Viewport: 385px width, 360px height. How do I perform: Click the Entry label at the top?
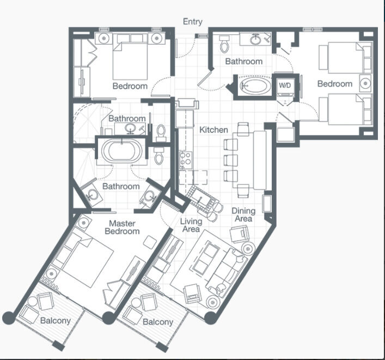tap(193, 22)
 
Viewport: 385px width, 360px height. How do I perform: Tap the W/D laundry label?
tap(285, 86)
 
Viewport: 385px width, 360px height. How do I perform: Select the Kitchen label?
tap(213, 130)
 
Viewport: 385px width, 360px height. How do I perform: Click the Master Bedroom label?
tap(122, 227)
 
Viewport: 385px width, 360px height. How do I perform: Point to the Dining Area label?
tap(243, 215)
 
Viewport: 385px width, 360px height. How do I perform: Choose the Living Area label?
tap(191, 225)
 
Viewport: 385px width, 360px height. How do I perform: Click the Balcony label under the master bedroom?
tap(55, 320)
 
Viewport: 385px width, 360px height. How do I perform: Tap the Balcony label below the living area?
tap(158, 322)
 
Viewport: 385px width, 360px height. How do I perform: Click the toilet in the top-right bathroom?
tap(224, 44)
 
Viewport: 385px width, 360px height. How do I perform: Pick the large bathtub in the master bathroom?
tap(121, 151)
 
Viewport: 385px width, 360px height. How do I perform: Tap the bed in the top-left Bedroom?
tap(130, 60)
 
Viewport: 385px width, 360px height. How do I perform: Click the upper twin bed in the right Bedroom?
tap(346, 58)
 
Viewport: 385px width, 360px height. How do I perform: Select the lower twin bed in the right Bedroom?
tap(346, 109)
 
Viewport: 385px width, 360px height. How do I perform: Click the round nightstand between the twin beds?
tap(365, 83)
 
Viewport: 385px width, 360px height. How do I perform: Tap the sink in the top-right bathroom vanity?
tap(256, 40)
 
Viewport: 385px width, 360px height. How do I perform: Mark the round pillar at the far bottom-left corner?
tap(9, 318)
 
